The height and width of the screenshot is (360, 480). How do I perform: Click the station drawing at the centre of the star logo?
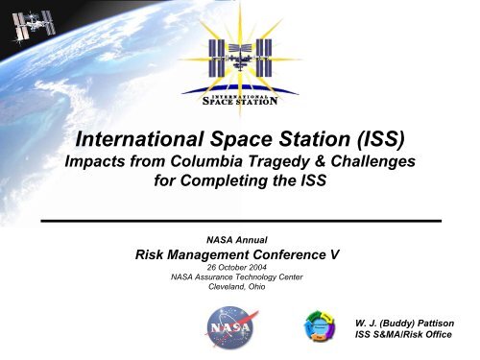coord(239,58)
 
